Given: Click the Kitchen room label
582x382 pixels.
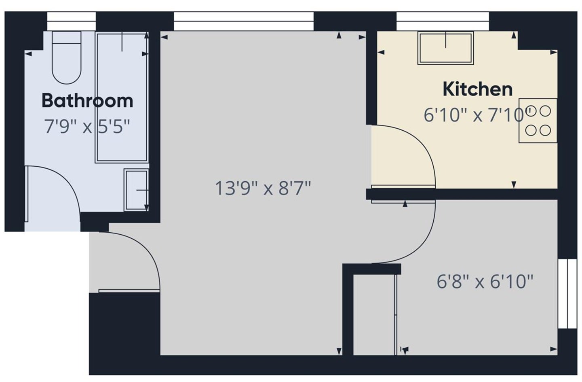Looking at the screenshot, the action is pos(478,89).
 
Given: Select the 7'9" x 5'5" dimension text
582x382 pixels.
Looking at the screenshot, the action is pos(87,127).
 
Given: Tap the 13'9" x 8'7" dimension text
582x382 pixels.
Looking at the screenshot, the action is pos(263,188).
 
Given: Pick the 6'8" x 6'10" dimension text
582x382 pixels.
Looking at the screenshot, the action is pos(485,281).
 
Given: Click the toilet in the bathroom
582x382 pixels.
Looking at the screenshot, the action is pos(67,57).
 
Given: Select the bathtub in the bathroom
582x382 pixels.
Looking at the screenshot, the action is pos(122,98).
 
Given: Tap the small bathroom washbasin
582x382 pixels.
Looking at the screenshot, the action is pos(136,190).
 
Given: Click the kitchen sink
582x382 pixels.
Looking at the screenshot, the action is pos(445,48).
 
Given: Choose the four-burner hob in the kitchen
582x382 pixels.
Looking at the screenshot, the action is pos(538,121).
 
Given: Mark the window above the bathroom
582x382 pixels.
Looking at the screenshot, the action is pos(72,21).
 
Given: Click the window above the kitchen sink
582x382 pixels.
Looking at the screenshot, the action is pos(443,21).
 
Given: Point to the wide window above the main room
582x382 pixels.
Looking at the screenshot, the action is pos(244,21).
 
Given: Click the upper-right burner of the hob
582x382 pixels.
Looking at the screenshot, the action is pos(545,111).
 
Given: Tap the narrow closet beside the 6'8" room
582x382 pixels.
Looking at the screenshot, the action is pos(374,315).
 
